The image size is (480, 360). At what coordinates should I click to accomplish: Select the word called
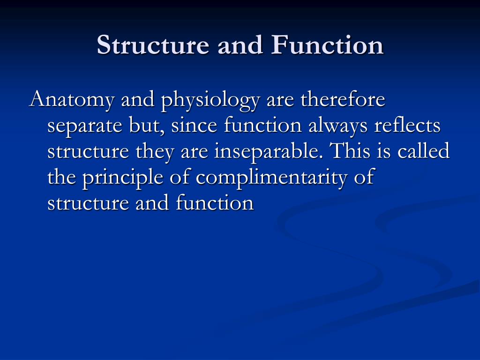[423, 152]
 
